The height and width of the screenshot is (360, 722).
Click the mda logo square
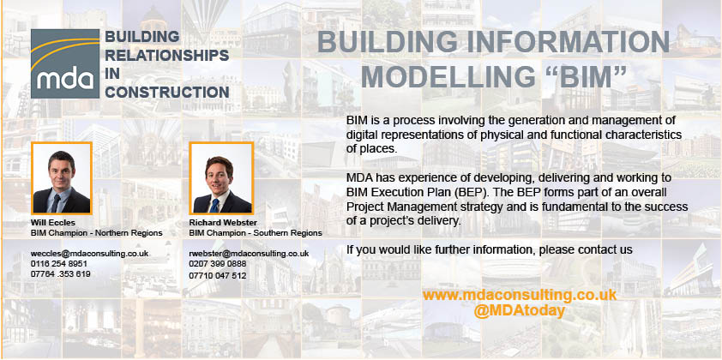(x=65, y=64)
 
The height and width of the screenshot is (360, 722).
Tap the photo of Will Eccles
(x=62, y=178)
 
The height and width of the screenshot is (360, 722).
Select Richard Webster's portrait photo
(x=221, y=178)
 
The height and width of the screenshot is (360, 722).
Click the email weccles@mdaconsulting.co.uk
(x=90, y=254)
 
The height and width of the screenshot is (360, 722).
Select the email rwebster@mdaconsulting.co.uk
(x=249, y=254)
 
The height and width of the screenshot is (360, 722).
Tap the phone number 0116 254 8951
(x=59, y=264)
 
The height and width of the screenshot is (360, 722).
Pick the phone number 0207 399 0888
(x=217, y=264)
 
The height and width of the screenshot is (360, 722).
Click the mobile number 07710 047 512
(x=217, y=276)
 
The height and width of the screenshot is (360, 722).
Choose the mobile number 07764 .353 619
(x=60, y=274)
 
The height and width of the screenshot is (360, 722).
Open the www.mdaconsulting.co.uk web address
(x=520, y=295)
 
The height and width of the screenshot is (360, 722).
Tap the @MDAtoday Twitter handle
(x=519, y=311)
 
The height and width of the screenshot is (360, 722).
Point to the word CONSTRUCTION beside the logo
(x=167, y=92)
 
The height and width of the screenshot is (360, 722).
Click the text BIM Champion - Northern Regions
(x=97, y=233)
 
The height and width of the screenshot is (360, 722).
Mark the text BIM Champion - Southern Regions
(x=256, y=233)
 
